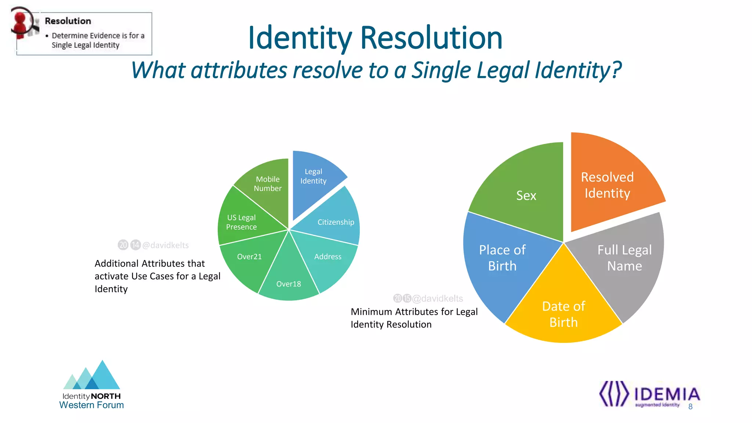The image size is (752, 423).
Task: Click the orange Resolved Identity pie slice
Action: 610,184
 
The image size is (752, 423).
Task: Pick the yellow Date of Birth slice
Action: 564,312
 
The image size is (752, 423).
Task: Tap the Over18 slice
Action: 289,283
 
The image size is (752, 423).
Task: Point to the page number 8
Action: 690,406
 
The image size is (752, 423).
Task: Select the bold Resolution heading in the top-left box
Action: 68,21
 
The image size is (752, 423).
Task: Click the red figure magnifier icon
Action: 24,22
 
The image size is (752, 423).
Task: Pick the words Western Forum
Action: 91,405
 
